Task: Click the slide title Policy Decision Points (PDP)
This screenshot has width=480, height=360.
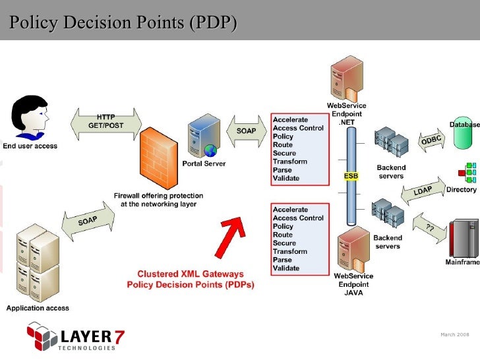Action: (x=123, y=23)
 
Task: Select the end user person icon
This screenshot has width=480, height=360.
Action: (x=30, y=117)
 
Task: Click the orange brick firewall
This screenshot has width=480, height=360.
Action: (x=162, y=158)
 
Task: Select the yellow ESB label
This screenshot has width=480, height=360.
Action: (x=351, y=176)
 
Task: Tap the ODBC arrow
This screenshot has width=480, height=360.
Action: (x=431, y=140)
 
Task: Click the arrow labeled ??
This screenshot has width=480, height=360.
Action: (x=429, y=228)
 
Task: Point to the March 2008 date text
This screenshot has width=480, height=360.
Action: (x=454, y=335)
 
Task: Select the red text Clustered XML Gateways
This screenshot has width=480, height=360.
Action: (x=190, y=274)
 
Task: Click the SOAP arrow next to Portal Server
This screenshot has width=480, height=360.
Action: (x=246, y=131)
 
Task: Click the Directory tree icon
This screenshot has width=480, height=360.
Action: (x=467, y=172)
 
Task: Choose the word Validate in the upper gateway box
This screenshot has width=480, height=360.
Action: (x=286, y=178)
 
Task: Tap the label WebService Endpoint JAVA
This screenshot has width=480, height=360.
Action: (x=353, y=284)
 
